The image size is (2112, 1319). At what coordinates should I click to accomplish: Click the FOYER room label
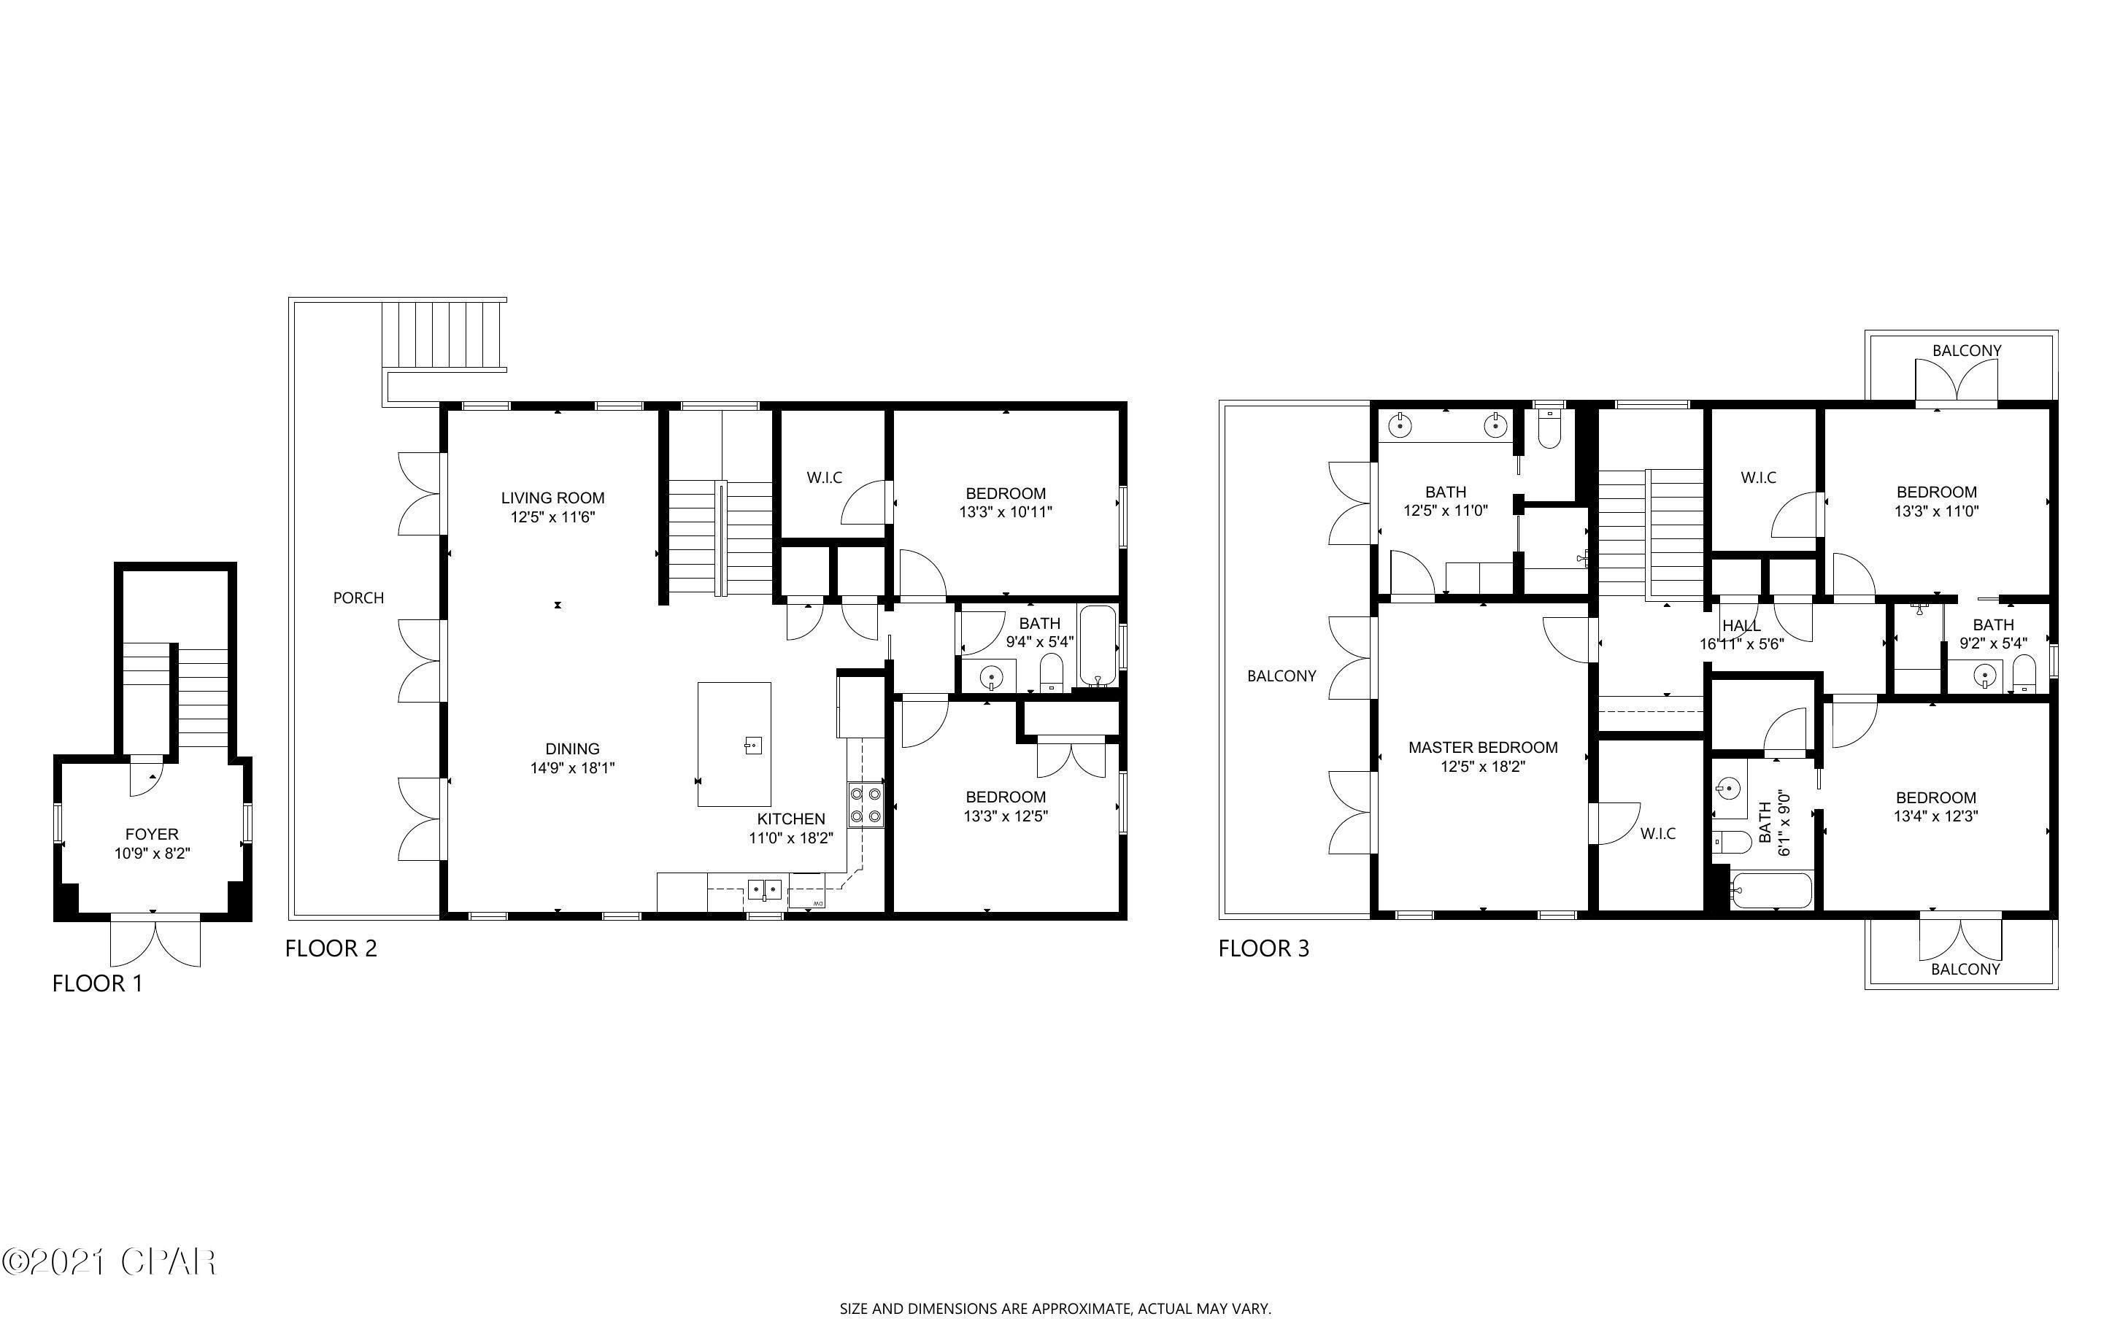[152, 834]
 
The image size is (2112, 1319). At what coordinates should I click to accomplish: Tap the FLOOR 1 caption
[97, 983]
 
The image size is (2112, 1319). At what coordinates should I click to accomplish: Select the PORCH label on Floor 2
[358, 597]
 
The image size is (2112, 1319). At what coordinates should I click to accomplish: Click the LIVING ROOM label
[552, 498]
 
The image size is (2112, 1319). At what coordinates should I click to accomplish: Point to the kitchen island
[733, 744]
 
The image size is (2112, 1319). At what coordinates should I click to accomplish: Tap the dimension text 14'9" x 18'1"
[572, 768]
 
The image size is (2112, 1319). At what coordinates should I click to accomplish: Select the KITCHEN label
[790, 819]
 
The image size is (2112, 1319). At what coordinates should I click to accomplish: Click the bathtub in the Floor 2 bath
[1098, 646]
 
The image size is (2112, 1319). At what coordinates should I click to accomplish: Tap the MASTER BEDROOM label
[1482, 748]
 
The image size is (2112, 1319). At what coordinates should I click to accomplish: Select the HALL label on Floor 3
[1741, 625]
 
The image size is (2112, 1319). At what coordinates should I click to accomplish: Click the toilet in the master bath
[1549, 427]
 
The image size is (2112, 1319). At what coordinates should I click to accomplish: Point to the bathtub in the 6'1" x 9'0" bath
[1771, 891]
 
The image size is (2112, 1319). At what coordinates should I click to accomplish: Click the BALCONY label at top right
[1966, 351]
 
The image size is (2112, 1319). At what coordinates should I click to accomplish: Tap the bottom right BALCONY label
[1965, 969]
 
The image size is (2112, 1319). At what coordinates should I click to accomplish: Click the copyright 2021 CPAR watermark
[108, 1261]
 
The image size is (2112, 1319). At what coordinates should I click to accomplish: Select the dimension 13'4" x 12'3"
[1935, 816]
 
